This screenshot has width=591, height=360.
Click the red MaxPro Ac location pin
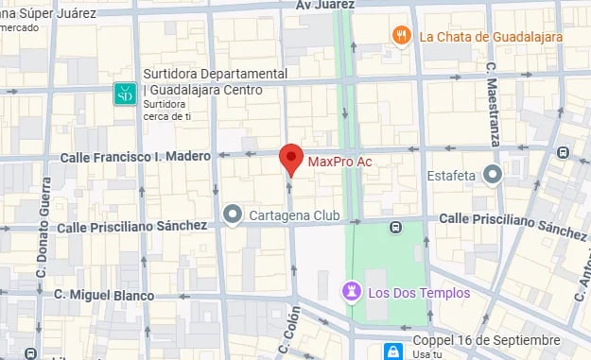click(292, 159)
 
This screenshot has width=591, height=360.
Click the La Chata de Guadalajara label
click(491, 37)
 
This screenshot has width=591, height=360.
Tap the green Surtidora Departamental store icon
click(124, 93)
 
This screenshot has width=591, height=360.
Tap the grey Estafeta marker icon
click(492, 174)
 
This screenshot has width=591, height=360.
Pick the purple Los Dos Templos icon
click(351, 293)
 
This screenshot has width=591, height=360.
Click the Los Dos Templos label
click(418, 293)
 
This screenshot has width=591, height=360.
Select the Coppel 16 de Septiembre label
click(487, 340)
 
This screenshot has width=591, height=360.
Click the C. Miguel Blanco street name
click(103, 295)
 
